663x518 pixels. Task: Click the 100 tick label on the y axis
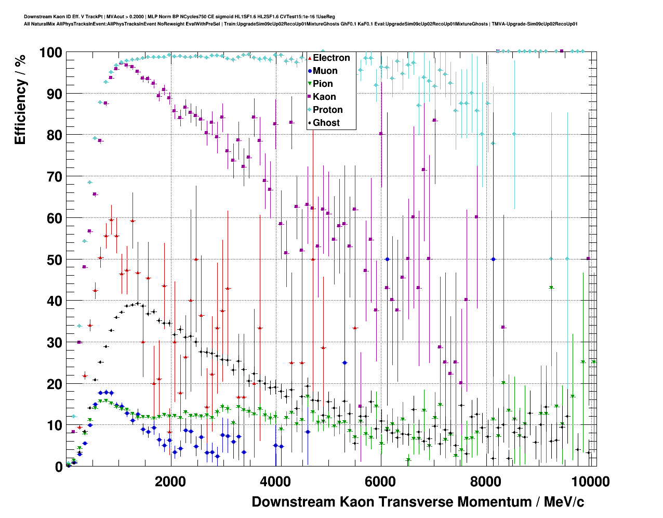click(50, 53)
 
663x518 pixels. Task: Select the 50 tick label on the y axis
click(55, 260)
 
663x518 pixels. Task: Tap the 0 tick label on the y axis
click(59, 467)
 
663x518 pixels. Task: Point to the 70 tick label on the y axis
click(55, 177)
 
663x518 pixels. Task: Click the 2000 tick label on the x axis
click(170, 482)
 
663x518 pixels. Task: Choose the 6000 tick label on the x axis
click(381, 482)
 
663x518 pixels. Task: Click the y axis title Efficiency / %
click(20, 99)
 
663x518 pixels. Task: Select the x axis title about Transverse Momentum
click(418, 502)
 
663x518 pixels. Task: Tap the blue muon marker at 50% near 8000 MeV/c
click(493, 259)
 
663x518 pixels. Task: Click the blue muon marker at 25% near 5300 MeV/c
click(344, 362)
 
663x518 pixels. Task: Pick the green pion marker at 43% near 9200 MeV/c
click(551, 288)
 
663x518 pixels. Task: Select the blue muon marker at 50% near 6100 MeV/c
click(387, 259)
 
